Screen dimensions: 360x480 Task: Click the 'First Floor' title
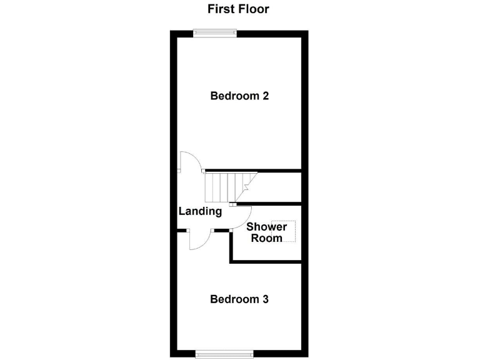pos(238,9)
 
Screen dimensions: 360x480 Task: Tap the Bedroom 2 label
pos(239,96)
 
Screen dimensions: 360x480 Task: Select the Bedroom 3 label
pos(239,299)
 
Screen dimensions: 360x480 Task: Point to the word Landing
pos(200,211)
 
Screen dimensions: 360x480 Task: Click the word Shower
pos(266,227)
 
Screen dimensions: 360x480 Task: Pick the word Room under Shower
pos(266,238)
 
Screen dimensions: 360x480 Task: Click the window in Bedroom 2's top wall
pos(214,34)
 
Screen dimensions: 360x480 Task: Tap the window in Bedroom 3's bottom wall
pos(224,353)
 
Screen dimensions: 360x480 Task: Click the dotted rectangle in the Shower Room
pos(290,231)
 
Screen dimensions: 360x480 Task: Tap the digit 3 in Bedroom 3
pos(266,299)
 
